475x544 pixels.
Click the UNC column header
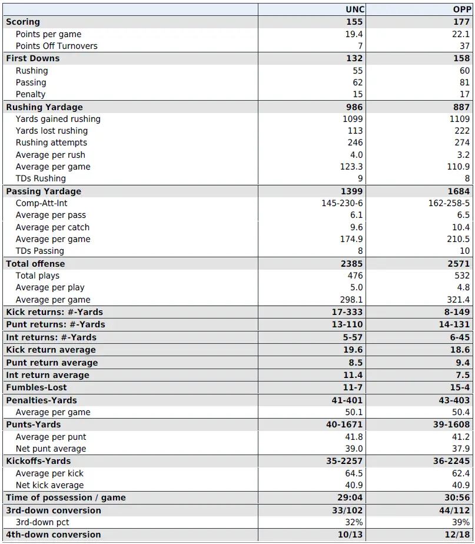click(x=354, y=9)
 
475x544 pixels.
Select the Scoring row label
click(x=23, y=22)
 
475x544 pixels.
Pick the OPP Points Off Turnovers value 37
click(x=465, y=46)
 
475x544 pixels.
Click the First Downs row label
click(x=32, y=58)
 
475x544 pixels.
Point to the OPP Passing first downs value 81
click(x=465, y=82)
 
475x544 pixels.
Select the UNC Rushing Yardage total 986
click(x=355, y=107)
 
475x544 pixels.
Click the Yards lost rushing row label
click(x=52, y=131)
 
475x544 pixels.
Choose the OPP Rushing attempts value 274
click(x=462, y=142)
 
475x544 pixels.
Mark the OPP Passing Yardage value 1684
click(x=459, y=191)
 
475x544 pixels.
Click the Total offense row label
click(x=35, y=264)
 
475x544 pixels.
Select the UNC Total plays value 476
click(x=356, y=276)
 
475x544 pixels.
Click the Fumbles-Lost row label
click(x=36, y=387)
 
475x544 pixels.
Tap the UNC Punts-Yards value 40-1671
click(x=344, y=424)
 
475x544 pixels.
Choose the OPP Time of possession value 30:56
click(x=457, y=497)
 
